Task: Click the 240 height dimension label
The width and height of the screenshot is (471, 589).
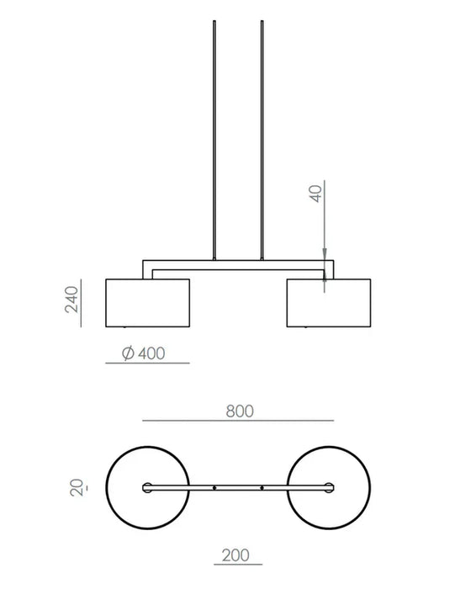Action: [x=71, y=300]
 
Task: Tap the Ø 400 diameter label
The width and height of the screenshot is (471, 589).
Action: [x=144, y=353]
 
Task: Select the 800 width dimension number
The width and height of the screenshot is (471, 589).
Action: [x=240, y=411]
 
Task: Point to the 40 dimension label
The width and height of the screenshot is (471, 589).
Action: [x=316, y=194]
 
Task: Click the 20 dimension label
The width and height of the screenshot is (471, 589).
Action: [x=77, y=487]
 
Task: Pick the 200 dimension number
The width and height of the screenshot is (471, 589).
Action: [x=235, y=555]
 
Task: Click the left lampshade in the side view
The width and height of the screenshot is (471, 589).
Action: [x=148, y=303]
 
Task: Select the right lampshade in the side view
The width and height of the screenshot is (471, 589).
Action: [x=329, y=303]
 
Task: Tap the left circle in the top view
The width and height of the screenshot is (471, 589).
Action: [x=106, y=487]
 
